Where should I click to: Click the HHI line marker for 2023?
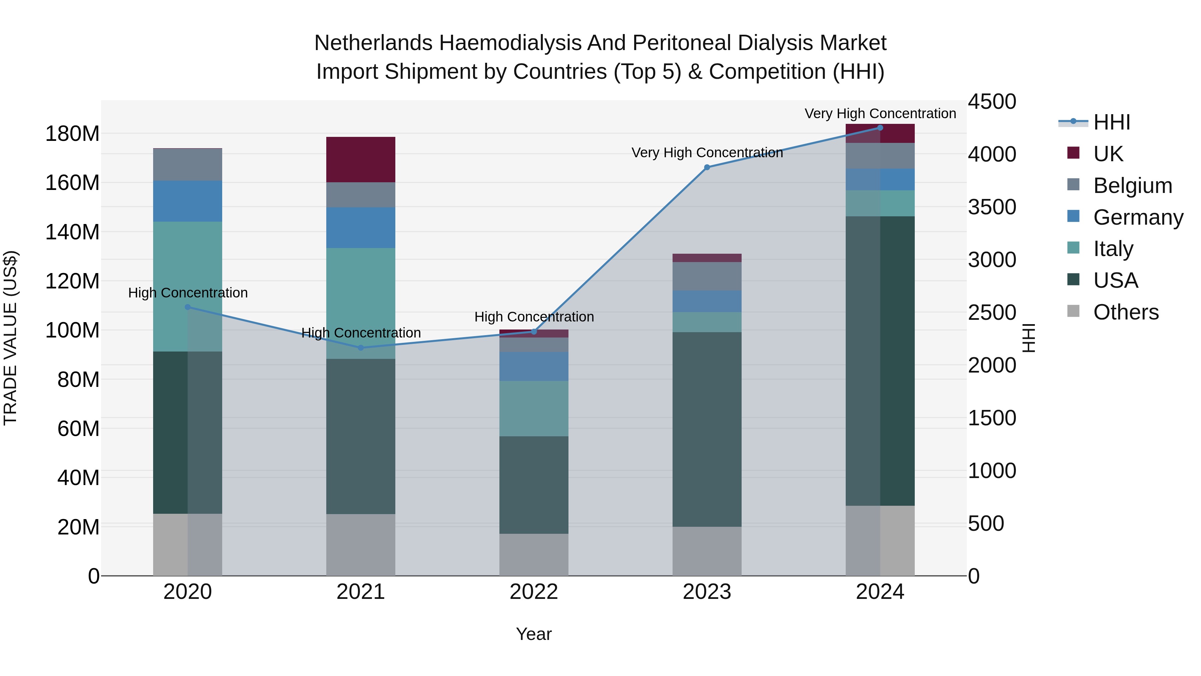pyautogui.click(x=707, y=167)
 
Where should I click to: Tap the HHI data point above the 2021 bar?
pyautogui.click(x=360, y=348)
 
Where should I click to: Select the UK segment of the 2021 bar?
pyautogui.click(x=360, y=160)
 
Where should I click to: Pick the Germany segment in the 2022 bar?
pyautogui.click(x=534, y=366)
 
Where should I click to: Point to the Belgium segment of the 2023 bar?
pyautogui.click(x=707, y=276)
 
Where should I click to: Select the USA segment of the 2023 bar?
pyautogui.click(x=707, y=429)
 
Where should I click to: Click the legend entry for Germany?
pyautogui.click(x=1138, y=217)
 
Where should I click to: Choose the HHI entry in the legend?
pyautogui.click(x=1112, y=122)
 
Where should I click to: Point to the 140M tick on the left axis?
pyautogui.click(x=72, y=232)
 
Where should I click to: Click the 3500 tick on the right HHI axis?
pyautogui.click(x=992, y=207)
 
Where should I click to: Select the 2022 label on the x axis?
pyautogui.click(x=534, y=592)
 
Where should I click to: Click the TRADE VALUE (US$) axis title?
pyautogui.click(x=10, y=338)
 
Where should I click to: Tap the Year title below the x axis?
pyautogui.click(x=534, y=634)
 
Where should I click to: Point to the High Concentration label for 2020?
pyautogui.click(x=188, y=292)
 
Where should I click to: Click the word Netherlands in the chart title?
pyautogui.click(x=373, y=43)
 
